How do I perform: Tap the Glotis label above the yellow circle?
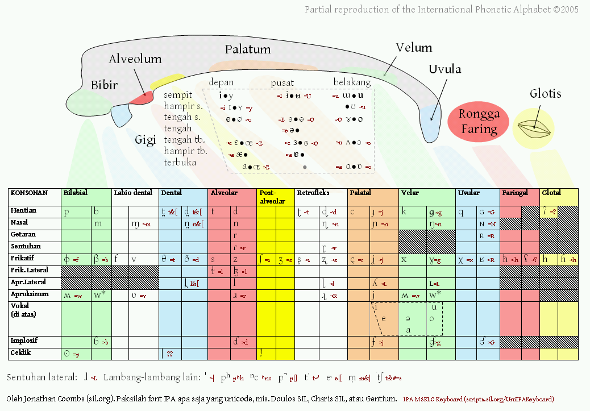(x=545, y=94)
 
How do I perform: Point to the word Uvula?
(x=444, y=69)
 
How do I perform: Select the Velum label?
(x=414, y=48)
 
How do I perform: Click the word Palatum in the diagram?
(x=247, y=49)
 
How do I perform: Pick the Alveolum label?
(x=135, y=59)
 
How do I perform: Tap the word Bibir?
(x=104, y=85)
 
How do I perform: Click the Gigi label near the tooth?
(x=145, y=140)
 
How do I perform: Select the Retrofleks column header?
(x=314, y=193)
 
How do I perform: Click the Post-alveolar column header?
(x=272, y=197)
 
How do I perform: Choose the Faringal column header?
(x=516, y=193)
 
